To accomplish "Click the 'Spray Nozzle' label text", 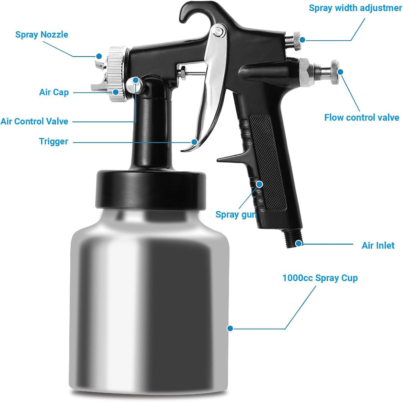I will (x=42, y=35).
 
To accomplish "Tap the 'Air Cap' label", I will (x=54, y=92).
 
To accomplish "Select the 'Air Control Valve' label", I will (x=34, y=121).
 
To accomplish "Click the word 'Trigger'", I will (x=53, y=141).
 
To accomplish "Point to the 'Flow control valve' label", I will (x=361, y=117).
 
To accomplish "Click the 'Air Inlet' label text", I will (x=378, y=245).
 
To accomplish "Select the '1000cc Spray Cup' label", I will (x=320, y=278).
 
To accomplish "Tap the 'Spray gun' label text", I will (x=236, y=214).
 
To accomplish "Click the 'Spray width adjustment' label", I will (x=355, y=8).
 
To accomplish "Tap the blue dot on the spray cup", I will (x=230, y=328).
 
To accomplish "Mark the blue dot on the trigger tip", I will (x=194, y=142).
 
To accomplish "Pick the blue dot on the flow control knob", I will (x=340, y=72).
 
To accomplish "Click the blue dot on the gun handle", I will (x=259, y=184).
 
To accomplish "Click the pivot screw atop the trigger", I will (x=218, y=31).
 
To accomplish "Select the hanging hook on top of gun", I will (x=192, y=12).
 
